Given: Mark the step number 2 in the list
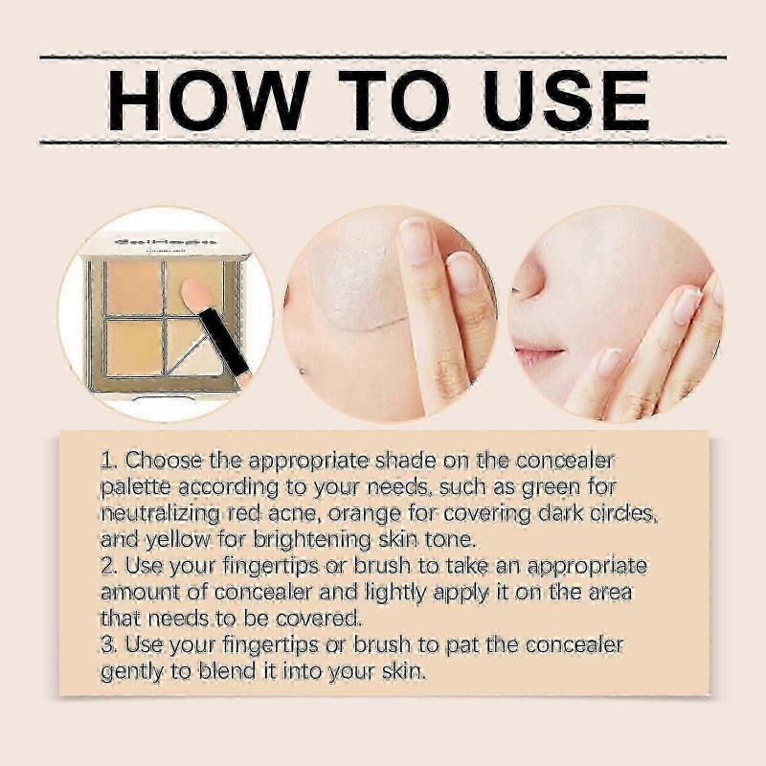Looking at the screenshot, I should click(x=107, y=566).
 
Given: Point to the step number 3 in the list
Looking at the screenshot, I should click(x=107, y=644).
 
